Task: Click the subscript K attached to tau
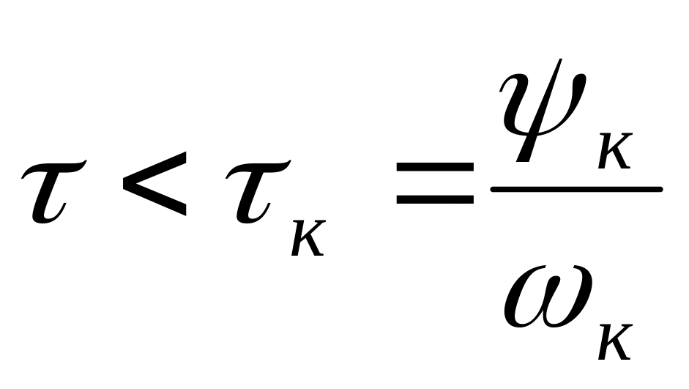[x=308, y=238]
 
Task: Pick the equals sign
[x=435, y=183]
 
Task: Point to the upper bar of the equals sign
[x=435, y=167]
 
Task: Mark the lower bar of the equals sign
[x=435, y=199]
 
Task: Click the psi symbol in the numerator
[x=543, y=110]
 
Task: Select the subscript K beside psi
[x=615, y=151]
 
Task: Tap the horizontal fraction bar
[x=576, y=190]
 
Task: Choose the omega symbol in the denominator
[x=548, y=297]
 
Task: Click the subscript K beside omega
[x=615, y=342]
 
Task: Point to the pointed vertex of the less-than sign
[x=124, y=184]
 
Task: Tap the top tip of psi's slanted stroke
[x=561, y=59]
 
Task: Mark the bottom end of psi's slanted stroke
[x=523, y=161]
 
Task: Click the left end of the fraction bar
[x=492, y=190]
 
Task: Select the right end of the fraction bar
[x=661, y=190]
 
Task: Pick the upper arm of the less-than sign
[x=155, y=168]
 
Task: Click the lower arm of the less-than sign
[x=155, y=200]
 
